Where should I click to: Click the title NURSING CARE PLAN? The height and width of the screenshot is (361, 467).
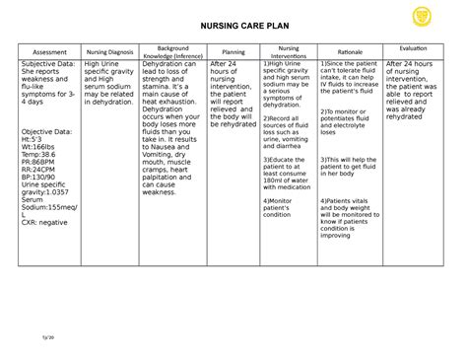click(x=233, y=28)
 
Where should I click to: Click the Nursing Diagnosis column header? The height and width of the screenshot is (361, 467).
click(x=109, y=50)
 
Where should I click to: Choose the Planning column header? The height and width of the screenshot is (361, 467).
click(x=233, y=50)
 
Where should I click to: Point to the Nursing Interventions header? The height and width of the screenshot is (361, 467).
click(x=289, y=50)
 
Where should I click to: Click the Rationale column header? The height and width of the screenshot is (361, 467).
click(x=349, y=50)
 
